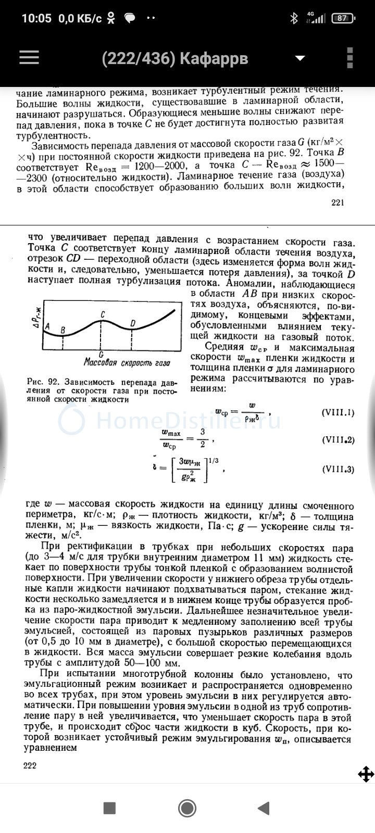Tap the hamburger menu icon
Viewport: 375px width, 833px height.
point(30,57)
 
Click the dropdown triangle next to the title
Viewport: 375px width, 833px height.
point(299,58)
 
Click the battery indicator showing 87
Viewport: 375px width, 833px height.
point(342,18)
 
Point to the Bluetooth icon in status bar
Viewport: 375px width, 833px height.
point(294,18)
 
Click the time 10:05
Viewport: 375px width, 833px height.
point(36,18)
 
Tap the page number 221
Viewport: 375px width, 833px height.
point(337,203)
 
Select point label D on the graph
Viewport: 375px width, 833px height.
point(133,324)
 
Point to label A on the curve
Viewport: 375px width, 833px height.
point(47,326)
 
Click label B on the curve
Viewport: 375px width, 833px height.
point(63,330)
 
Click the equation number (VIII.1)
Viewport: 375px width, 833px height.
point(338,413)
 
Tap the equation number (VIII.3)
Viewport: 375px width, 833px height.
point(338,469)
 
